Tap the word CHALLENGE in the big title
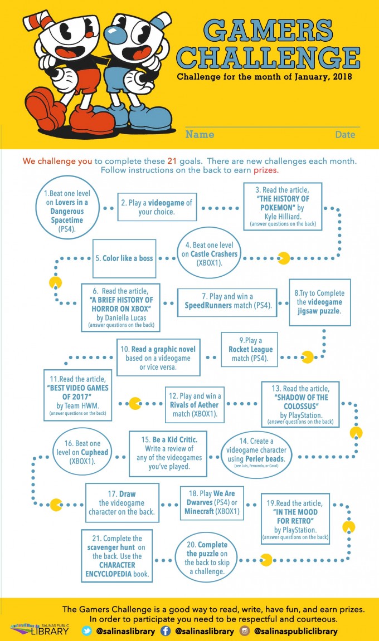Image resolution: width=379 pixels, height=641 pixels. pos(269,57)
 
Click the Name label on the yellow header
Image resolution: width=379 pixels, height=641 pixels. pos(200,134)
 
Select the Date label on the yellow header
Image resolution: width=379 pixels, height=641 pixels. pos(345,135)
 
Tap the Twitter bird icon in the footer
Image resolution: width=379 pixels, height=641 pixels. pos(87,630)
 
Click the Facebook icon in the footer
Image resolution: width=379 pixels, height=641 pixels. pos(166,631)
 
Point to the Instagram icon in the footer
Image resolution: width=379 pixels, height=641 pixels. pos(244,631)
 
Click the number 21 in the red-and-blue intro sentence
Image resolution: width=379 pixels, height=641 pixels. pos(172,161)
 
